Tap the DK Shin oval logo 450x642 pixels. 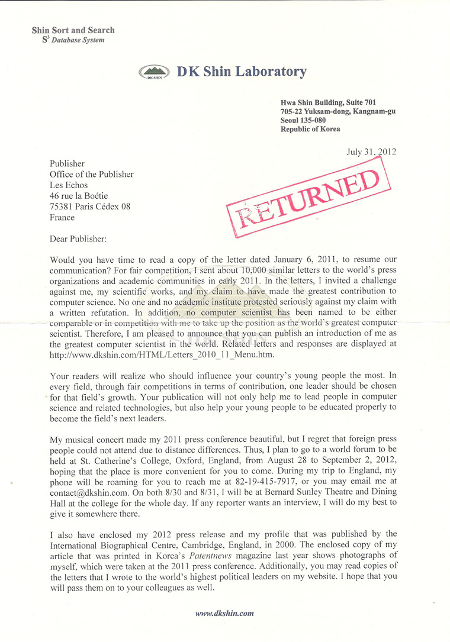(x=155, y=73)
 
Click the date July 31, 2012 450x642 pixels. (x=371, y=151)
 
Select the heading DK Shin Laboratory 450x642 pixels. (x=242, y=72)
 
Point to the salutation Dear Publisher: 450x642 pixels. (x=81, y=239)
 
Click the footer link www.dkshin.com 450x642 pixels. (x=224, y=613)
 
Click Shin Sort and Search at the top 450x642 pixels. (x=73, y=30)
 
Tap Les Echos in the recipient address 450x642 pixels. (x=69, y=185)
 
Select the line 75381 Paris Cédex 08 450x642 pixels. (x=89, y=207)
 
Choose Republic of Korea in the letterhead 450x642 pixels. (x=311, y=129)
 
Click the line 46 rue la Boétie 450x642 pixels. (x=79, y=196)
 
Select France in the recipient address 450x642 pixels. (x=63, y=217)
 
